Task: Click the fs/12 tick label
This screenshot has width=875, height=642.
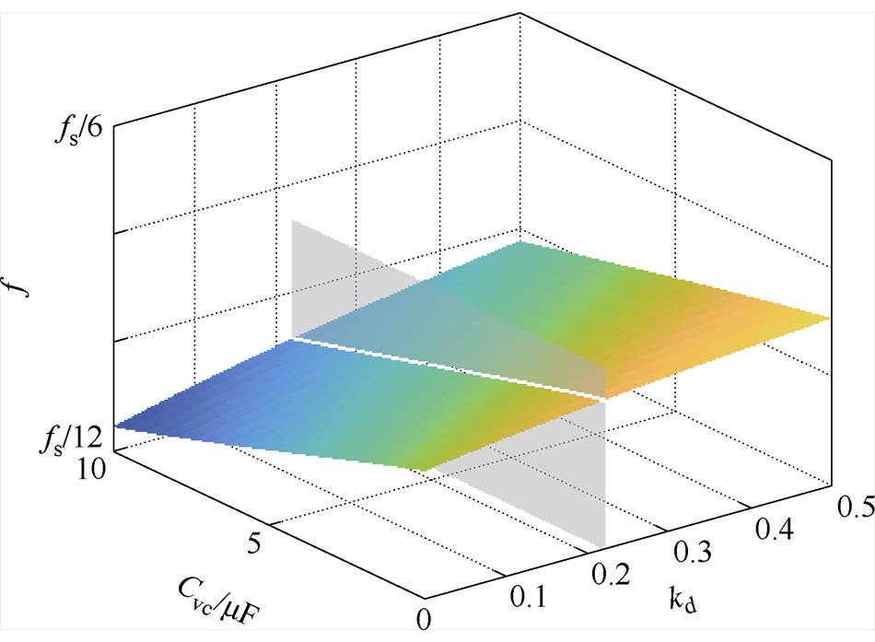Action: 71,438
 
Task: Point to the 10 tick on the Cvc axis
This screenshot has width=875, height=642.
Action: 91,469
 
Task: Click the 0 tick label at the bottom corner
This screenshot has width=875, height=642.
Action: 424,619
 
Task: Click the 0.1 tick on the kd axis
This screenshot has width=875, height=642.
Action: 528,598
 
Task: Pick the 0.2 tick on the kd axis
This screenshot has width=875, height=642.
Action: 611,574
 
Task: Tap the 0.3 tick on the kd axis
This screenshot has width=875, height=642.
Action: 692,552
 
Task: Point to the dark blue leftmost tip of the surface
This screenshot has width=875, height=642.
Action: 115,426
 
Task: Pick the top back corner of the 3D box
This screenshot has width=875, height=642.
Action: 520,13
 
